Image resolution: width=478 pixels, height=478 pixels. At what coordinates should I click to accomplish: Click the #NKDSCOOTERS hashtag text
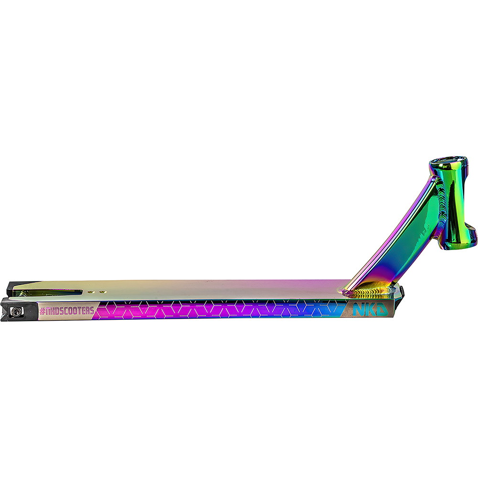[x=67, y=311]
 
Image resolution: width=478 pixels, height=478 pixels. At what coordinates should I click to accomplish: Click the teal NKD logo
[x=370, y=309]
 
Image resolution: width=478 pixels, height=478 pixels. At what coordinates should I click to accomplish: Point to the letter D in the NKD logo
[x=381, y=309]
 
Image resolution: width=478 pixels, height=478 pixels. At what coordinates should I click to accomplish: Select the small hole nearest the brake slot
[x=90, y=292]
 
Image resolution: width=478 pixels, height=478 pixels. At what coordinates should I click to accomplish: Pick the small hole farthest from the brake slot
[x=103, y=292]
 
